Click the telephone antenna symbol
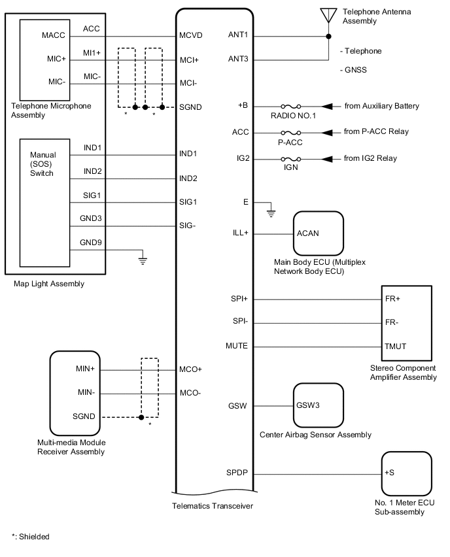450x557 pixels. [328, 15]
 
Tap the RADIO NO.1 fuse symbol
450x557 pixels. [290, 107]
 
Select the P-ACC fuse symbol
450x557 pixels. [290, 132]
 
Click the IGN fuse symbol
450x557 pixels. [290, 158]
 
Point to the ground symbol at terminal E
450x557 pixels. [271, 212]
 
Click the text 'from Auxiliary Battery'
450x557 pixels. [381, 106]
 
